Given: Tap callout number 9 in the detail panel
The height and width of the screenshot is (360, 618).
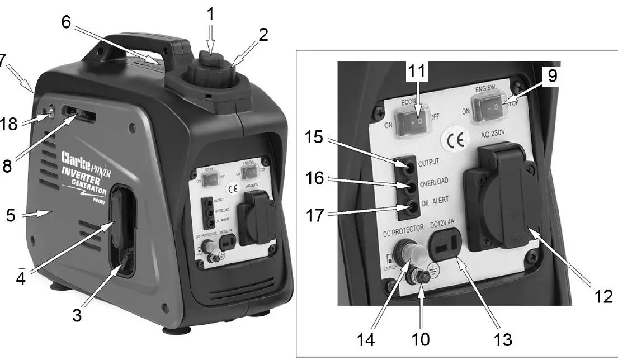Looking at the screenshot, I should click(552, 77).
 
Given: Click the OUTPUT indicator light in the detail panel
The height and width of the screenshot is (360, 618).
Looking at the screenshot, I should click(411, 165).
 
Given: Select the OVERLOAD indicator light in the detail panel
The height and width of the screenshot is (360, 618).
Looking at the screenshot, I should click(411, 187).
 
